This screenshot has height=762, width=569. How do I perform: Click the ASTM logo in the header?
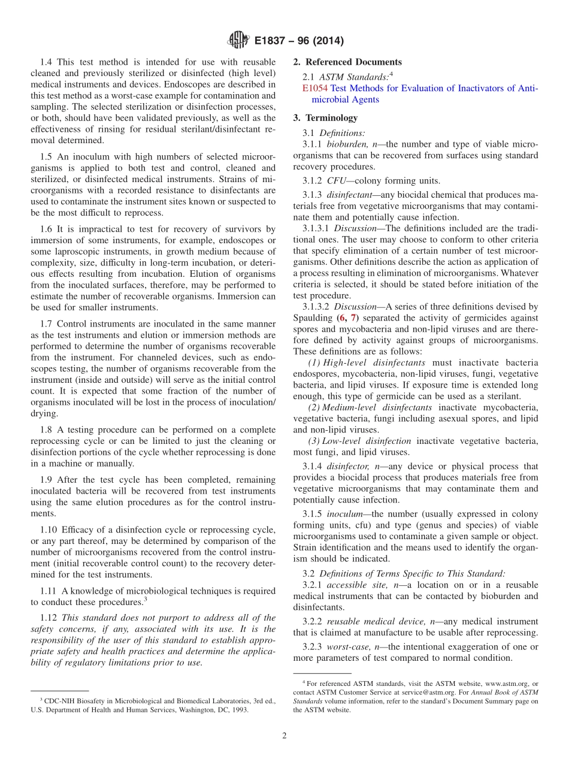[238, 41]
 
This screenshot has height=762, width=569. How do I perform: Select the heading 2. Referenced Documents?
[347, 62]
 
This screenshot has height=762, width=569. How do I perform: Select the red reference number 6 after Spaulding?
[340, 317]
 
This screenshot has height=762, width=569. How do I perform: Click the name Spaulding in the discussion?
[312, 317]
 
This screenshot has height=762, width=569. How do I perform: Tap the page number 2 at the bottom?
[284, 736]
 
